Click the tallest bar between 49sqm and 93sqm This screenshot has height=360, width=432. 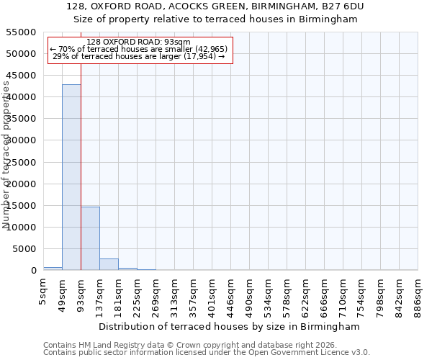pyautogui.click(x=71, y=177)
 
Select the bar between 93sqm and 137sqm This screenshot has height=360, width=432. pyautogui.click(x=90, y=238)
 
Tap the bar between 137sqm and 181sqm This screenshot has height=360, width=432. pyautogui.click(x=109, y=264)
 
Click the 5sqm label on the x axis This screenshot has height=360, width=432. pyautogui.click(x=44, y=290)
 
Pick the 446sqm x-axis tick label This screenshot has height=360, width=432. pyautogui.click(x=230, y=294)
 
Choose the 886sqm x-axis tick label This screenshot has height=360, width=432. pyautogui.click(x=418, y=294)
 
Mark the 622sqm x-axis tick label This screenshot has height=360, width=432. pyautogui.click(x=305, y=294)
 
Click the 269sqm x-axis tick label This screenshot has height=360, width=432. pyautogui.click(x=156, y=294)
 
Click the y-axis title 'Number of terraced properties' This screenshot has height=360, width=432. pyautogui.click(x=6, y=155)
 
